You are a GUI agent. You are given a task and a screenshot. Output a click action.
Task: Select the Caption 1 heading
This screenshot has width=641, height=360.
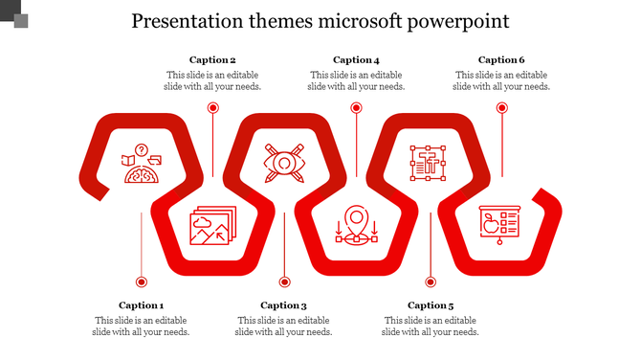(x=142, y=305)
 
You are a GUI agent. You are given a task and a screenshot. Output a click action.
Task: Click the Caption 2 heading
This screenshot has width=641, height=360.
(x=212, y=59)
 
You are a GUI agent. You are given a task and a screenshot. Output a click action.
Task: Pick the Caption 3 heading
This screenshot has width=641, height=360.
(x=283, y=305)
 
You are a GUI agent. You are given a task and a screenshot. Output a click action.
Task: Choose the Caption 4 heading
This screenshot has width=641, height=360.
(x=356, y=59)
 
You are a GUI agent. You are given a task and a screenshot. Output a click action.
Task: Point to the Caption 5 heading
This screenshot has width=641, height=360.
(x=431, y=305)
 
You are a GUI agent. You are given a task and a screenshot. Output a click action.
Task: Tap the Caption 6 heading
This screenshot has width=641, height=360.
(x=501, y=59)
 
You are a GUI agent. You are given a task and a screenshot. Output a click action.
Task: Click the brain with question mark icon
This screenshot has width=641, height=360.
(x=141, y=164)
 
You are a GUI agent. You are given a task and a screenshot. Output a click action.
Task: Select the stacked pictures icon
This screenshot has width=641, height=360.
(x=211, y=226)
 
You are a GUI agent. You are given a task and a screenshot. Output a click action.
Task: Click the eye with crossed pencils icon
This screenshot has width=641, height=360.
(x=284, y=164)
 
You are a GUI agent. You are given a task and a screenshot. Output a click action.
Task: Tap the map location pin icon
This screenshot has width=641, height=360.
(x=356, y=226)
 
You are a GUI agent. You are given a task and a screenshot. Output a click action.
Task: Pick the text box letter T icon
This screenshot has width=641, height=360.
(x=429, y=164)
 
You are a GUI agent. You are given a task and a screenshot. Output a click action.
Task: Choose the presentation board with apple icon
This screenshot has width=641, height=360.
(x=498, y=226)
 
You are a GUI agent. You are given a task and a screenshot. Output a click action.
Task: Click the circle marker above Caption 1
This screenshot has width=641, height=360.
(x=142, y=281)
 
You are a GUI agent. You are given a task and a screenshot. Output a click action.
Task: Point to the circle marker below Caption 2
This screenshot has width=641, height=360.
(x=213, y=108)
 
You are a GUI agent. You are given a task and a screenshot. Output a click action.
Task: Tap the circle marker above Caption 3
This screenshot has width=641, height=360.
(x=284, y=281)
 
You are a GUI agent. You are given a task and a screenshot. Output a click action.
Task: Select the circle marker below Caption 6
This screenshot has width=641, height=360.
(x=501, y=108)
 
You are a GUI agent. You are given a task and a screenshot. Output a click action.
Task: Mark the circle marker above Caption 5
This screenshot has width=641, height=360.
(x=431, y=281)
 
